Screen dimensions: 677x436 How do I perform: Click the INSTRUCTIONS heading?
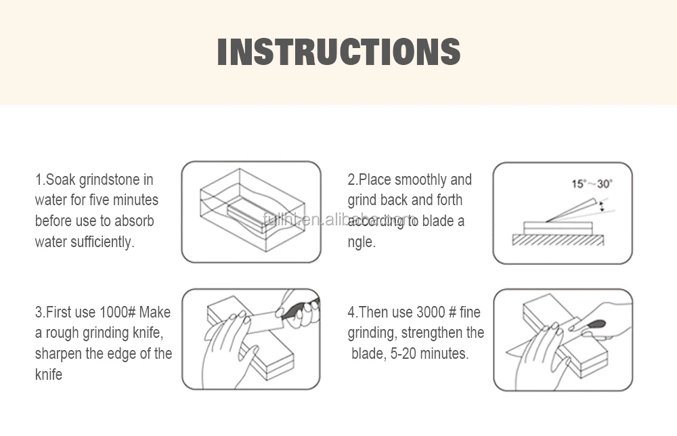pyautogui.click(x=339, y=52)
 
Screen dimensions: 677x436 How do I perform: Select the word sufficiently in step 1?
pyautogui.click(x=102, y=242)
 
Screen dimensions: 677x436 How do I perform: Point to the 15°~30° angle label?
pyautogui.click(x=592, y=184)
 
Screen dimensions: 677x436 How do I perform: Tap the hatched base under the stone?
pyautogui.click(x=558, y=240)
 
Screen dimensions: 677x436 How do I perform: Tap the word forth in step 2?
pyautogui.click(x=450, y=200)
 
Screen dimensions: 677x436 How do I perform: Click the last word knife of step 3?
pyautogui.click(x=48, y=374)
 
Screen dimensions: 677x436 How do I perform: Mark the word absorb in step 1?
pyautogui.click(x=134, y=221)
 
